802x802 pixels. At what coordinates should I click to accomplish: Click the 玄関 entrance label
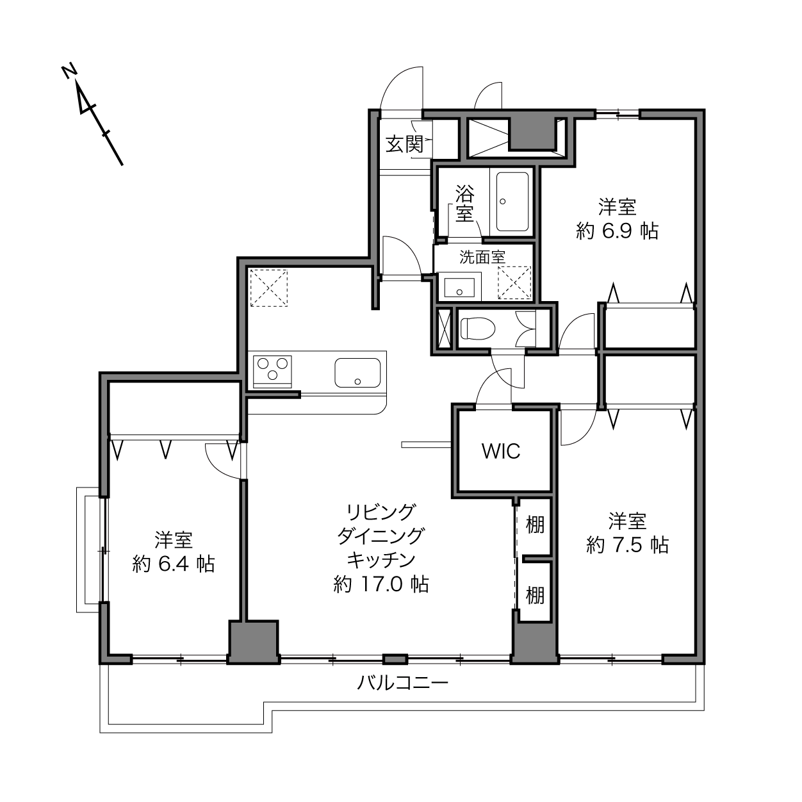pyautogui.click(x=404, y=144)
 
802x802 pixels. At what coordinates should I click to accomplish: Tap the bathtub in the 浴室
pyautogui.click(x=512, y=202)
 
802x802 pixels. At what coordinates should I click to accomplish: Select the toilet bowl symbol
pyautogui.click(x=477, y=329)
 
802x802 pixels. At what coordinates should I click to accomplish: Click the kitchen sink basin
pyautogui.click(x=357, y=372)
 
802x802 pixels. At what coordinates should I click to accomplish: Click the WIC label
pyautogui.click(x=501, y=451)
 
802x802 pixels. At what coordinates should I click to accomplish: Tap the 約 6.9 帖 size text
pyautogui.click(x=617, y=231)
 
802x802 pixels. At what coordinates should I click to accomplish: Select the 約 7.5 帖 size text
pyautogui.click(x=627, y=544)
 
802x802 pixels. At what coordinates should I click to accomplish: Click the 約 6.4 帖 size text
pyautogui.click(x=174, y=564)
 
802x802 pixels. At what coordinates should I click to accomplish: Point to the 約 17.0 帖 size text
pyautogui.click(x=381, y=584)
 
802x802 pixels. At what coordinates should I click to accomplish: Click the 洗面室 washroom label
pyautogui.click(x=482, y=258)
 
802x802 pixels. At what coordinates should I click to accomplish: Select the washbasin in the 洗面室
pyautogui.click(x=459, y=287)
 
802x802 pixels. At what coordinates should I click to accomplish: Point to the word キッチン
pyautogui.click(x=381, y=560)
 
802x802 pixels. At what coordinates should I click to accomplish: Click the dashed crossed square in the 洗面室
pyautogui.click(x=514, y=282)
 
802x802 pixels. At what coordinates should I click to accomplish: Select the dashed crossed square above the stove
pyautogui.click(x=269, y=288)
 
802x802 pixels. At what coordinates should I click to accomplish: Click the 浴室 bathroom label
pyautogui.click(x=464, y=203)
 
